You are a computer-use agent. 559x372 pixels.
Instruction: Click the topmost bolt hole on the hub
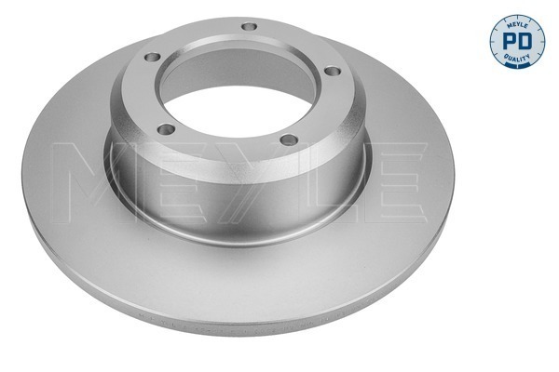coord(247,26)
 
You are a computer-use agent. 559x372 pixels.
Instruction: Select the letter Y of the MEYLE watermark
coord(263,177)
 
